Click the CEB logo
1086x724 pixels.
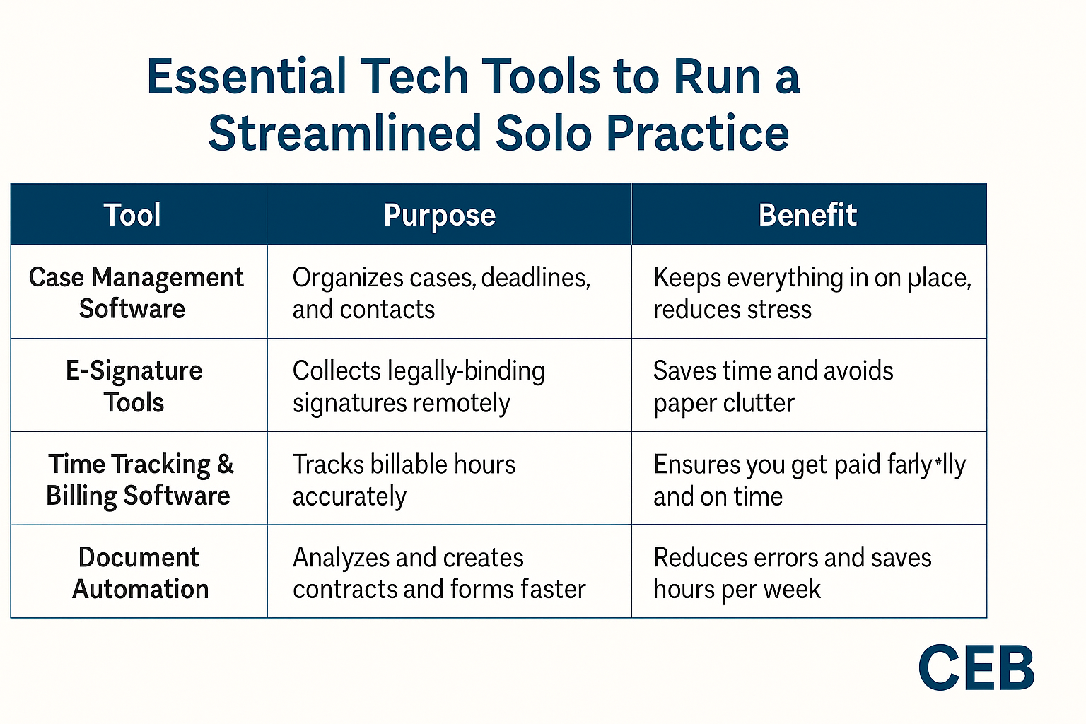(x=976, y=668)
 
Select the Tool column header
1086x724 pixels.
(x=132, y=215)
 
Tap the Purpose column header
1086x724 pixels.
(x=439, y=215)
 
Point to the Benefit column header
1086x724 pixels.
(x=807, y=215)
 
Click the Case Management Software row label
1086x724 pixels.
(x=136, y=293)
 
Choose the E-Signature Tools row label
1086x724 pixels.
(x=134, y=386)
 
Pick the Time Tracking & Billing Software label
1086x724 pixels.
(x=139, y=479)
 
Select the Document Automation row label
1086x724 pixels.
(x=140, y=573)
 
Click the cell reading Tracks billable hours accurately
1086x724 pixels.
(x=404, y=479)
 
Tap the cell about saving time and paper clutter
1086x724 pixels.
(x=773, y=386)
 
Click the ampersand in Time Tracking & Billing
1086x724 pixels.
(x=225, y=465)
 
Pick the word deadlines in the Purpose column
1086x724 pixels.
(x=535, y=278)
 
